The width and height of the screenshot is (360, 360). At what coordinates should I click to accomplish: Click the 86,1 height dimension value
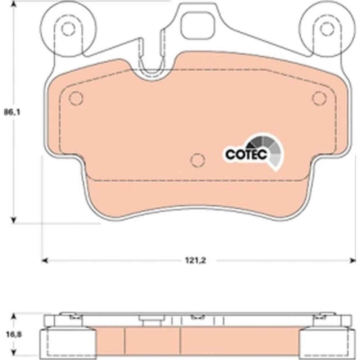point(12,112)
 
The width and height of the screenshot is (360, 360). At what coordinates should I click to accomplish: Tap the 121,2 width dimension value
point(195,260)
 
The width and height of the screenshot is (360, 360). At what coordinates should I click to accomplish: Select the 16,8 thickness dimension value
point(14,334)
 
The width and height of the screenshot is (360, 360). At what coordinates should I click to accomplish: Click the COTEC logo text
point(246,154)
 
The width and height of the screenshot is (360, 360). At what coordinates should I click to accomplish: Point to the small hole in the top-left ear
point(68,29)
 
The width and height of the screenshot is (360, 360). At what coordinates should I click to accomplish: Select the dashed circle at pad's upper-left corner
point(76,98)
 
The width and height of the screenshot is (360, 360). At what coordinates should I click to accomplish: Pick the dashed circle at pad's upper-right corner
point(319,98)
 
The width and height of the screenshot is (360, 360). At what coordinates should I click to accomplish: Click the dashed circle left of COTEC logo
point(198,160)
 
